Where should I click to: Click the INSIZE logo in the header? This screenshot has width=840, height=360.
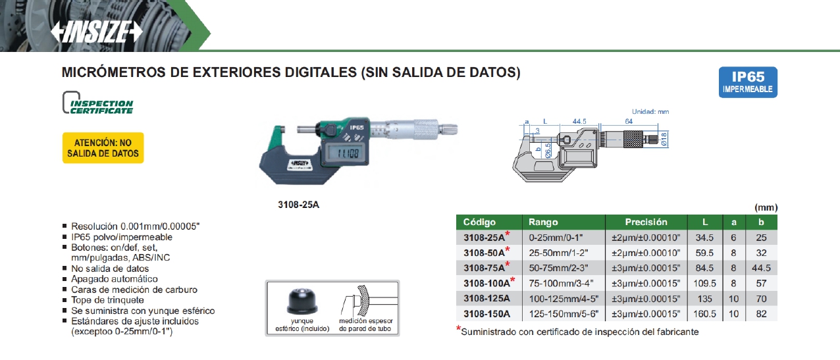(97, 32)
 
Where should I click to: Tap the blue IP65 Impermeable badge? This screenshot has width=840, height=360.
(748, 82)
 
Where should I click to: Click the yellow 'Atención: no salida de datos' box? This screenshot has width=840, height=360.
(103, 147)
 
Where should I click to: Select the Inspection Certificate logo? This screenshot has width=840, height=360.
(98, 103)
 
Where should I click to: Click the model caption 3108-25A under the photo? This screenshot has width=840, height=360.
(298, 205)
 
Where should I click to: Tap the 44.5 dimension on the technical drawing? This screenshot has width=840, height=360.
(579, 122)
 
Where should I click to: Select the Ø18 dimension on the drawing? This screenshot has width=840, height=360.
(664, 139)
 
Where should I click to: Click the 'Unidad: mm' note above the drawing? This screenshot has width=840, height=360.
(650, 111)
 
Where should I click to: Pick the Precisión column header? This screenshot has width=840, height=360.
(646, 222)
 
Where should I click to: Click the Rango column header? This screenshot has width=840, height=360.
(543, 222)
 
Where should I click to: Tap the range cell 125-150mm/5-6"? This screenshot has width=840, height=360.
(564, 314)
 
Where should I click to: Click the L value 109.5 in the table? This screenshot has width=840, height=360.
(704, 283)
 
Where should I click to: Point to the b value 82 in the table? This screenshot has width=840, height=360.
(761, 314)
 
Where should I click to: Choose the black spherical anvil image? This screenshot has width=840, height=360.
(302, 301)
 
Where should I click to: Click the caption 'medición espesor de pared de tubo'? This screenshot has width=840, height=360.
(365, 324)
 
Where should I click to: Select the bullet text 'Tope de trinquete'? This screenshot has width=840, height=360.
(107, 300)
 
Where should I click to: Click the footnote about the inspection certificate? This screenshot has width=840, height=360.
(577, 332)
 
